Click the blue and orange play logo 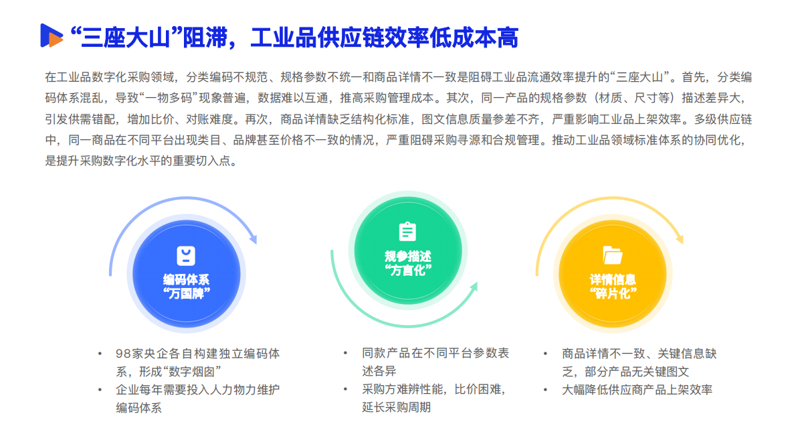52,35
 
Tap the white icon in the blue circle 185,255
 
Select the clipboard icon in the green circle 407,231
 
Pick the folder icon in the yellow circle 612,254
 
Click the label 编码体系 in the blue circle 185,280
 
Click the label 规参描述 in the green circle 407,256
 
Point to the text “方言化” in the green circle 407,270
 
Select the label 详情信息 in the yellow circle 612,279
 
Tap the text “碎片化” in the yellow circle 612,293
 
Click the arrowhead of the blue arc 252,238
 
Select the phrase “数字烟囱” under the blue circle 197,371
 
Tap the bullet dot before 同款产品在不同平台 345,353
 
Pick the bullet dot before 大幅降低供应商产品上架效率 546,389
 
